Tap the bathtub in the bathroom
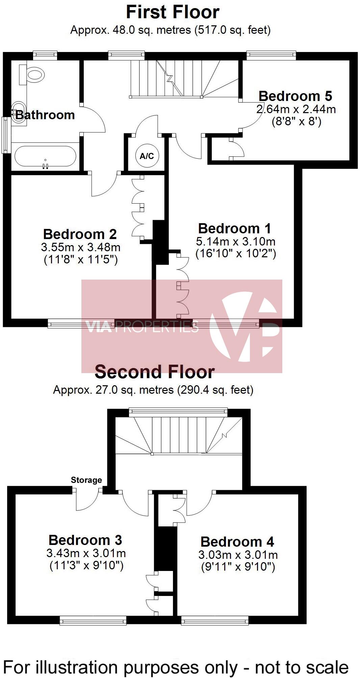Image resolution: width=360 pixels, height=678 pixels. coord(45,156)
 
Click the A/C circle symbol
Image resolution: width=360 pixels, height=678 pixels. coord(147,156)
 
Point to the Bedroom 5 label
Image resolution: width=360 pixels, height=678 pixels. coord(295,96)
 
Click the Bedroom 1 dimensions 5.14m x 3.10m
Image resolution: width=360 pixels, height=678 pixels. coord(235,241)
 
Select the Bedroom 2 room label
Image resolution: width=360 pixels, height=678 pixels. coord(80,234)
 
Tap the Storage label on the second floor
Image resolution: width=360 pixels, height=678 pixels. coord(86,480)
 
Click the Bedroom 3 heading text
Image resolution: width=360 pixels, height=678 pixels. coord(85,540)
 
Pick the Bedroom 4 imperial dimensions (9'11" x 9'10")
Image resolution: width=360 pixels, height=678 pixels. coord(238,567)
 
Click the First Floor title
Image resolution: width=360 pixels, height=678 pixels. coord(173,12)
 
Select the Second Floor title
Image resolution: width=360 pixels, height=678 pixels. coord(155,372)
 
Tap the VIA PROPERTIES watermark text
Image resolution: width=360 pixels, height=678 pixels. coord(142,327)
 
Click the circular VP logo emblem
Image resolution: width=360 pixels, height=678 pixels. coord(245,326)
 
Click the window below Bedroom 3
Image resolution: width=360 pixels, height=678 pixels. coord(93,620)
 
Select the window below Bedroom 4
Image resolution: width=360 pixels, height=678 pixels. coord(214,620)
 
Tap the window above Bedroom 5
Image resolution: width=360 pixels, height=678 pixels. coord(271,54)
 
